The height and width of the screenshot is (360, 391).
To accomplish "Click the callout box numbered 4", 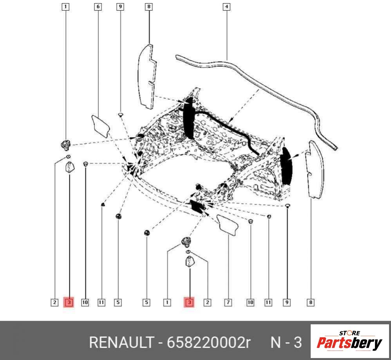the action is pyautogui.click(x=226, y=7).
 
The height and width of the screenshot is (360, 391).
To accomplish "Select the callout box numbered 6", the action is pyautogui.click(x=98, y=7).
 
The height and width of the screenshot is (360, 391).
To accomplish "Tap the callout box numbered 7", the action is pyautogui.click(x=228, y=303).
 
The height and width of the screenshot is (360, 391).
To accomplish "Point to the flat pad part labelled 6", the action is pyautogui.click(x=101, y=126).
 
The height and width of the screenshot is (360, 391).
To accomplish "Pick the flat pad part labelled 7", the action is pyautogui.click(x=228, y=225).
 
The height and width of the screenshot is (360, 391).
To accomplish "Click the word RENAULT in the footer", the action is pyautogui.click(x=121, y=342).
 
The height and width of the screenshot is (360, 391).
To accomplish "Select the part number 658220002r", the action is pyautogui.click(x=208, y=342).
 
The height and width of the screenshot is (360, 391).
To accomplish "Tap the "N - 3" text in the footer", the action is pyautogui.click(x=286, y=342).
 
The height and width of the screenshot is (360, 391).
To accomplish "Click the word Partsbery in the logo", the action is pyautogui.click(x=349, y=343).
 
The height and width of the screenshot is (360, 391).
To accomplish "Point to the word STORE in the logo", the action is pyautogui.click(x=349, y=333).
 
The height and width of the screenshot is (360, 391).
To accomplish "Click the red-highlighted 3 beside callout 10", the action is pyautogui.click(x=69, y=303).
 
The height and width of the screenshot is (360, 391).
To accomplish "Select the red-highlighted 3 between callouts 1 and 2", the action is pyautogui.click(x=189, y=303).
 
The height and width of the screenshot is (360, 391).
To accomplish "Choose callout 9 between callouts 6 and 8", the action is pyautogui.click(x=120, y=7).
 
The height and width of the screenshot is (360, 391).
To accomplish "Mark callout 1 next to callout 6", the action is pyautogui.click(x=65, y=7).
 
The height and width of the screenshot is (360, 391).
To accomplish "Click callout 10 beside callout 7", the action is pyautogui.click(x=250, y=303).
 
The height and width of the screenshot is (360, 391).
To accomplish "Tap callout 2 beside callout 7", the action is pyautogui.click(x=207, y=303).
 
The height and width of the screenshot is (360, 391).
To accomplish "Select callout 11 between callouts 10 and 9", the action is pyautogui.click(x=268, y=303).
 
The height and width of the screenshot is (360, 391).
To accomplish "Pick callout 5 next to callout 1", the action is pyautogui.click(x=147, y=303).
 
